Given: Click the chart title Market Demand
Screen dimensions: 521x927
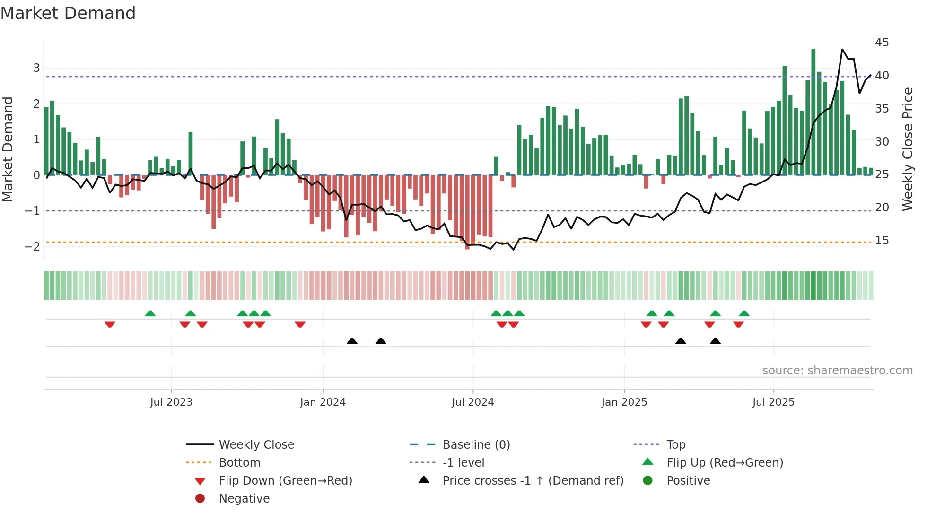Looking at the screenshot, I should click(x=68, y=13).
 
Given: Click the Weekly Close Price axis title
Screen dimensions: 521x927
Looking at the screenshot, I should click(x=907, y=149).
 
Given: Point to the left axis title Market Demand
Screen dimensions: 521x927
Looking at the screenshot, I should click(x=8, y=149).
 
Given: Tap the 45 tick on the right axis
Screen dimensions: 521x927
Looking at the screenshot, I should click(x=882, y=43).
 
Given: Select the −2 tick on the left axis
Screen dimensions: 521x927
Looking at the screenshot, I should click(x=33, y=246).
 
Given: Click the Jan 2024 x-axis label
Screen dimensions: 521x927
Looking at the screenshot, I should click(x=323, y=402).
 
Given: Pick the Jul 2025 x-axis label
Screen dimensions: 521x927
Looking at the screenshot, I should click(x=773, y=402).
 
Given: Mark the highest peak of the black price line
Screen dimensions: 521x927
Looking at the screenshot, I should click(x=842, y=49).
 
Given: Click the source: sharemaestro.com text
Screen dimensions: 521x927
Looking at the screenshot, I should click(x=837, y=371).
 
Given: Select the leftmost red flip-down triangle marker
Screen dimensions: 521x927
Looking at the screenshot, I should click(x=110, y=324).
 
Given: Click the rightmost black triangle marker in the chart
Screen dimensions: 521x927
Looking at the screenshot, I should click(x=715, y=341).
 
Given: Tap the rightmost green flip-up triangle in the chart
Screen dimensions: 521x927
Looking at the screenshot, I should click(x=744, y=313).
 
